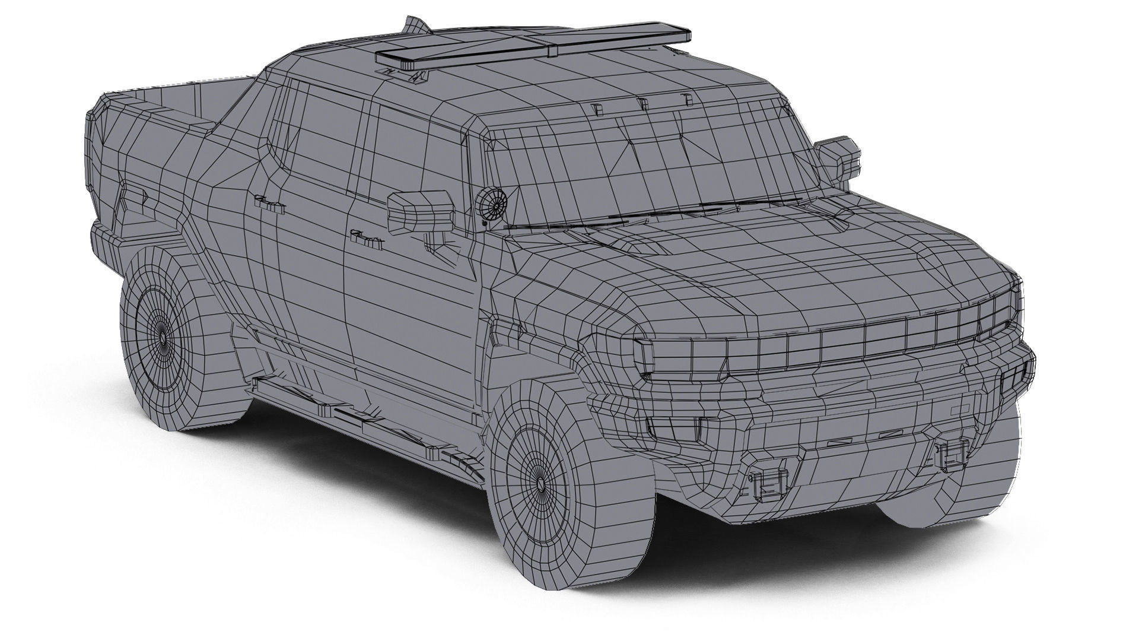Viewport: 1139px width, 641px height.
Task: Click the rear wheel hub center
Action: [163, 337]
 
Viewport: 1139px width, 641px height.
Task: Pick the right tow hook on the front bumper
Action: [951, 454]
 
